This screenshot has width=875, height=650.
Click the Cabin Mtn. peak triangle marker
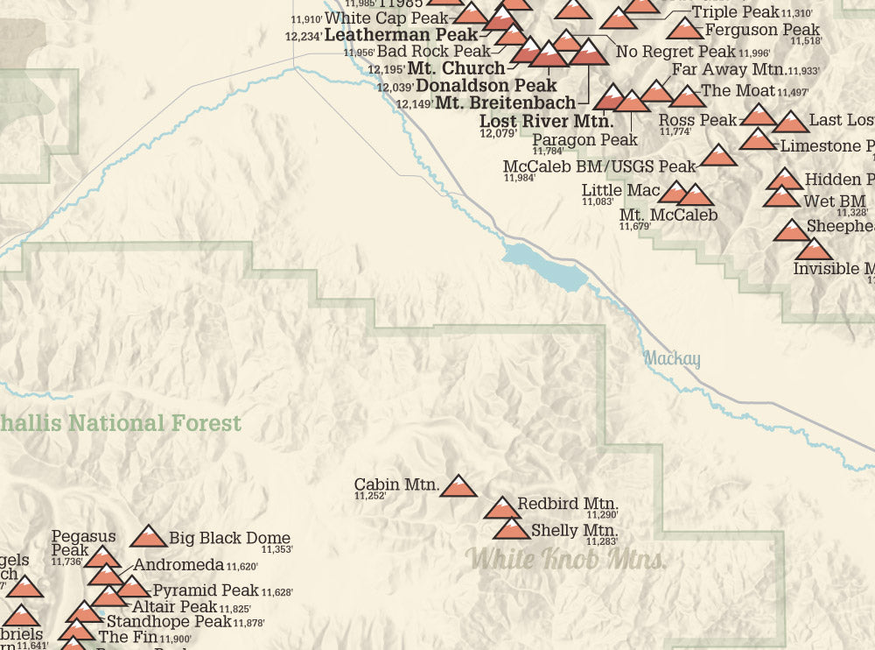pyautogui.click(x=458, y=486)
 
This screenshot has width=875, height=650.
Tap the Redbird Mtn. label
pyautogui.click(x=568, y=504)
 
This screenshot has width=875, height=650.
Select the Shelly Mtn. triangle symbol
pyautogui.click(x=511, y=529)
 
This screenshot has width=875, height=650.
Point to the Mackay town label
pyautogui.click(x=672, y=359)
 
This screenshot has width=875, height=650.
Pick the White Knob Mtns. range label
pyautogui.click(x=565, y=559)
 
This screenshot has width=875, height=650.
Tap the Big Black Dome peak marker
pyautogui.click(x=148, y=537)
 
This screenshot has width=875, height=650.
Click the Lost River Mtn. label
pyautogui.click(x=546, y=121)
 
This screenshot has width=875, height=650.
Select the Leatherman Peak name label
pyautogui.click(x=402, y=35)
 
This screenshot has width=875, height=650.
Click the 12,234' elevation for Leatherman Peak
pyautogui.click(x=303, y=37)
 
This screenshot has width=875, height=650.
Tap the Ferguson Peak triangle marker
pyautogui.click(x=685, y=29)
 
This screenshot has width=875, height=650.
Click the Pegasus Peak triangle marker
pyautogui.click(x=102, y=557)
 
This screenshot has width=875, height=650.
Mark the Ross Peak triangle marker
pyautogui.click(x=759, y=115)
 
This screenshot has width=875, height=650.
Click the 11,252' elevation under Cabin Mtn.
pyautogui.click(x=370, y=497)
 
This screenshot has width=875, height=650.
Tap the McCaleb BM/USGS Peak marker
pyautogui.click(x=719, y=156)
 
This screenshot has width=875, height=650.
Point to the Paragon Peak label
pyautogui.click(x=584, y=139)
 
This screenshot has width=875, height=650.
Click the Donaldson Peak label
pyautogui.click(x=486, y=86)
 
